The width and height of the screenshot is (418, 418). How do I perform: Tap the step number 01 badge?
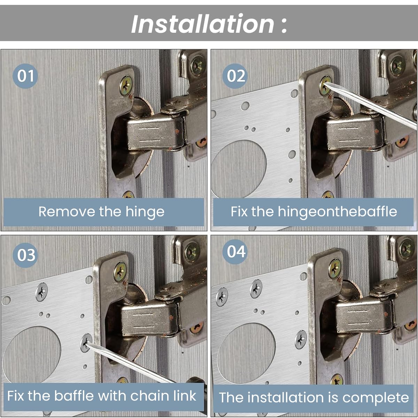click(x=25, y=76)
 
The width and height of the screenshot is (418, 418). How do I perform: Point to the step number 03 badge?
click(x=25, y=255)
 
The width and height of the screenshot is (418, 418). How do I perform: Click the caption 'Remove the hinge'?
click(x=101, y=211)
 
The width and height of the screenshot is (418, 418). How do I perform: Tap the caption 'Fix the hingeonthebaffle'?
click(x=313, y=211)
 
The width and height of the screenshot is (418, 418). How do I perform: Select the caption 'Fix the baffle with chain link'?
click(x=101, y=395)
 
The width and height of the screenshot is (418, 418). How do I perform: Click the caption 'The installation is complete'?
click(x=313, y=397)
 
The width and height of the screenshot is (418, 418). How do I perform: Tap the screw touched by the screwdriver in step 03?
click(x=86, y=343)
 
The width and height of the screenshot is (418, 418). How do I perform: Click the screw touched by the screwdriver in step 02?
click(x=325, y=85)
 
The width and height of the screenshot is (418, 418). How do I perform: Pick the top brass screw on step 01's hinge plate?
click(x=126, y=85)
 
